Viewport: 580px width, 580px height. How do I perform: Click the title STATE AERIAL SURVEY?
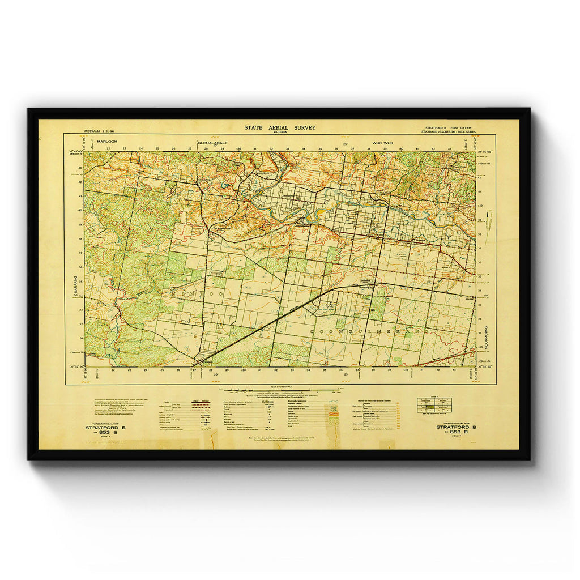[280, 127]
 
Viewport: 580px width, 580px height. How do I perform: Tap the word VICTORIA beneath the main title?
[280, 132]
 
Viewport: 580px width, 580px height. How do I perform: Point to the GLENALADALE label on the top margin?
[212, 143]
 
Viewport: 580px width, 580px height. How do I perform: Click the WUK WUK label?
[382, 143]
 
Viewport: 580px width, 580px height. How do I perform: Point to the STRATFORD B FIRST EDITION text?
[451, 128]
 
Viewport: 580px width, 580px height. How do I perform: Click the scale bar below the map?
[279, 390]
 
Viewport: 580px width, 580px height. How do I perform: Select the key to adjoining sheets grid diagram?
[434, 404]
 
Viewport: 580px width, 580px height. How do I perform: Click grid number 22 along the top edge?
[108, 148]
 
